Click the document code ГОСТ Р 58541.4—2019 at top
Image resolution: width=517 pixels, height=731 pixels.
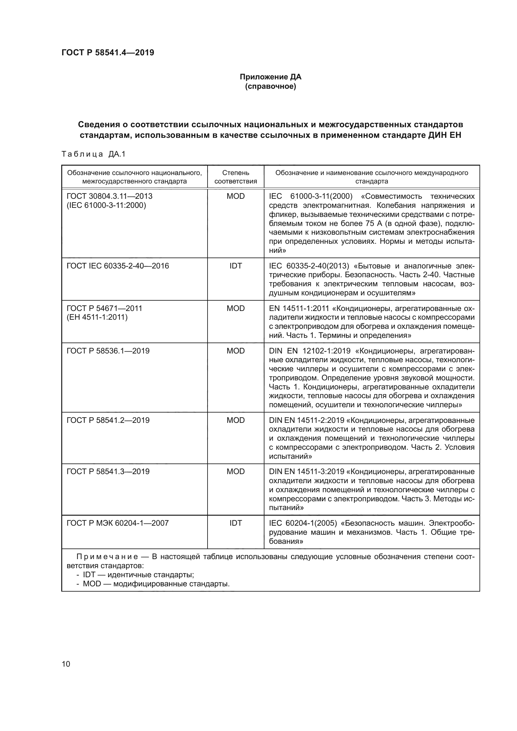click(108, 53)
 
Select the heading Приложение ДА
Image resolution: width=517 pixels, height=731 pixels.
click(270, 77)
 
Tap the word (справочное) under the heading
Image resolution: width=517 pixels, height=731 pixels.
click(270, 86)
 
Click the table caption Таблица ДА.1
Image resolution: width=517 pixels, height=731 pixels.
click(93, 154)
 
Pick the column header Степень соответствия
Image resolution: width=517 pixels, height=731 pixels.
click(236, 177)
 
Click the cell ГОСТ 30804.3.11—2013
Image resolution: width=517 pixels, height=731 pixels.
click(109, 196)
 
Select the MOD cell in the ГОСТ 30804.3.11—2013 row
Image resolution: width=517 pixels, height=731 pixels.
click(236, 196)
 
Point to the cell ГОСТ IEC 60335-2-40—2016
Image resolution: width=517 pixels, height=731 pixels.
click(118, 266)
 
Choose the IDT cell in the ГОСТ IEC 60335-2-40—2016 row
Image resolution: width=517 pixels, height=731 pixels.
click(236, 266)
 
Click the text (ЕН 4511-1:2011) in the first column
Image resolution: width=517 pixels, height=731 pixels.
click(97, 317)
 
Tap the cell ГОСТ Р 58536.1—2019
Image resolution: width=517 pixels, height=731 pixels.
click(108, 351)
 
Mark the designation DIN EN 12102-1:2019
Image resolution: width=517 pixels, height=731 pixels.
click(309, 351)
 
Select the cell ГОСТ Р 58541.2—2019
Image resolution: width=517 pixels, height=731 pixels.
click(108, 420)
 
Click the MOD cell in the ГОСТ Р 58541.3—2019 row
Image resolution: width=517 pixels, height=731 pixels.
click(236, 472)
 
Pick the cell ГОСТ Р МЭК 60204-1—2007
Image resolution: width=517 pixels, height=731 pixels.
click(118, 523)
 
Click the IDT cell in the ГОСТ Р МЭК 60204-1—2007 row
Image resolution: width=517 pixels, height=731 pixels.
click(236, 523)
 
